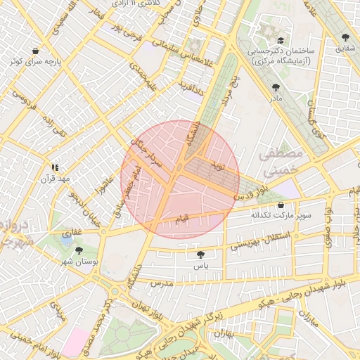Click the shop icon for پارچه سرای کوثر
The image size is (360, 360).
(x=34, y=51)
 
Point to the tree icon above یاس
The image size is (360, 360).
(x=201, y=255)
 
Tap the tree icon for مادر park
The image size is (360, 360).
(x=275, y=88)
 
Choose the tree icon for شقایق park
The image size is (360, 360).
(x=345, y=37)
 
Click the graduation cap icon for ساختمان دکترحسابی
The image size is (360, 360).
(x=281, y=41)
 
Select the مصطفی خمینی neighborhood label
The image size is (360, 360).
(x=279, y=161)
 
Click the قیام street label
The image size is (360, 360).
(x=181, y=221)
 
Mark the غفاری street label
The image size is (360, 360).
(x=72, y=230)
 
